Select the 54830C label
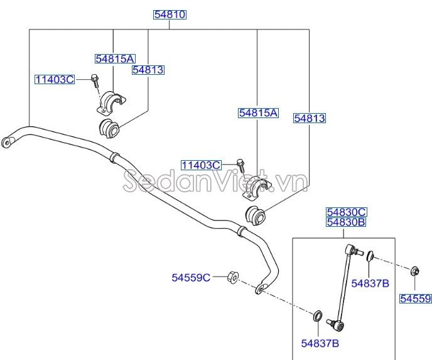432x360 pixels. click(x=345, y=212)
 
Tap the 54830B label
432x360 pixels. click(x=345, y=222)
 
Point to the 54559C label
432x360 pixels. click(x=191, y=276)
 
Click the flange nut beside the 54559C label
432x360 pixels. click(x=231, y=277)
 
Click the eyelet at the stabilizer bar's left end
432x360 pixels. click(x=8, y=141)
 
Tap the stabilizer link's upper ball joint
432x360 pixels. click(x=353, y=251)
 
